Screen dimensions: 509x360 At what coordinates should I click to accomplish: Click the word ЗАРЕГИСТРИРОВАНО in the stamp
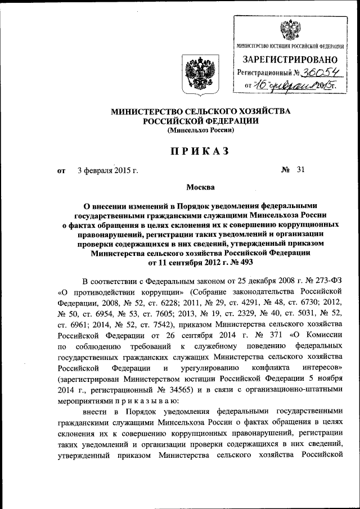point(290,60)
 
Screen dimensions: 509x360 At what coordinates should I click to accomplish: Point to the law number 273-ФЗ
point(327,280)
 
